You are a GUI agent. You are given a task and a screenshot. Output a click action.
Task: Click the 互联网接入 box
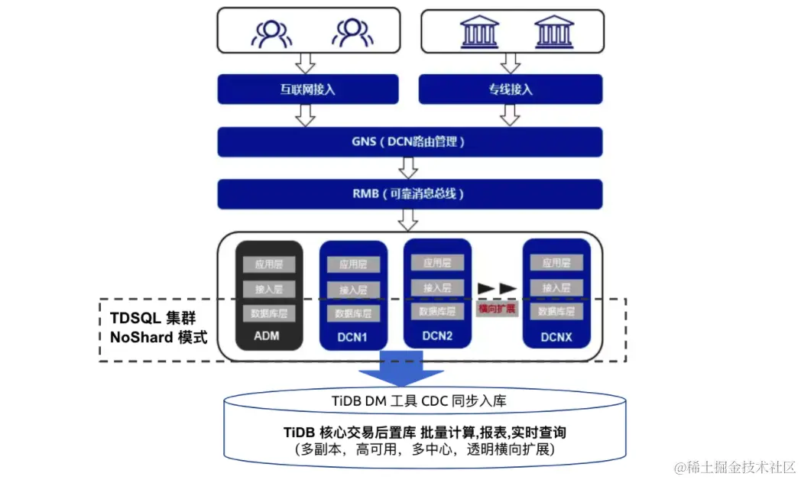click(x=308, y=89)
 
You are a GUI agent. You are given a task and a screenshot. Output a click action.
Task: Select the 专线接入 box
click(x=511, y=89)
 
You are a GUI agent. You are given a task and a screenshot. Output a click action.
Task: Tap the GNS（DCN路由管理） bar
click(x=409, y=141)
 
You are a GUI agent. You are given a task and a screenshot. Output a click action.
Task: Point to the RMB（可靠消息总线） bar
click(x=409, y=193)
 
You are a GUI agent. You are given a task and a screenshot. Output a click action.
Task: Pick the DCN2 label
click(x=437, y=335)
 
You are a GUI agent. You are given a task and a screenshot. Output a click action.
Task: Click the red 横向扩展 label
click(x=497, y=308)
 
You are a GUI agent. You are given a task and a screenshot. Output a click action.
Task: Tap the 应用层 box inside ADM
click(x=268, y=264)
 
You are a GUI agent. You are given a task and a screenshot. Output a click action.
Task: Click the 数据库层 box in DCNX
click(x=556, y=312)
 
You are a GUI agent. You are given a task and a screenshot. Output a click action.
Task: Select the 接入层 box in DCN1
click(x=353, y=290)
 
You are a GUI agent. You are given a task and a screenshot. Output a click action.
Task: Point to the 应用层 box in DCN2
click(x=437, y=263)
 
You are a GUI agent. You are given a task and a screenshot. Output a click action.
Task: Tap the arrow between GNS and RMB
click(x=408, y=167)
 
